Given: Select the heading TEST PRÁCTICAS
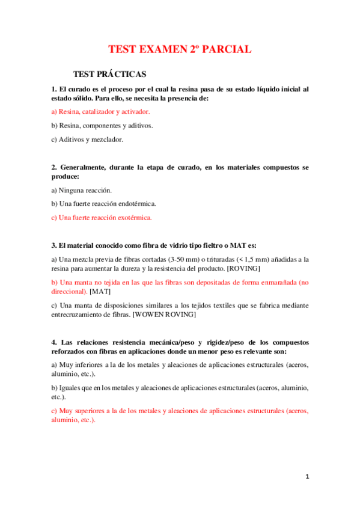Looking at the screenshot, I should [x=109, y=74].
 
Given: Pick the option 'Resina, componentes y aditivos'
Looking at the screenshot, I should [x=102, y=126].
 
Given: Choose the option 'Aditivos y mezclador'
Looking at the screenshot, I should [x=87, y=140].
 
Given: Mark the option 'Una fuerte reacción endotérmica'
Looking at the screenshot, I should [x=103, y=204].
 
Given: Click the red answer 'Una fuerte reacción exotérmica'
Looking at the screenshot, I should [x=102, y=218].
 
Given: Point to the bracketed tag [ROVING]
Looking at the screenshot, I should [x=240, y=268].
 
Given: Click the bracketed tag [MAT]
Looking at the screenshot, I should [x=100, y=291].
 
